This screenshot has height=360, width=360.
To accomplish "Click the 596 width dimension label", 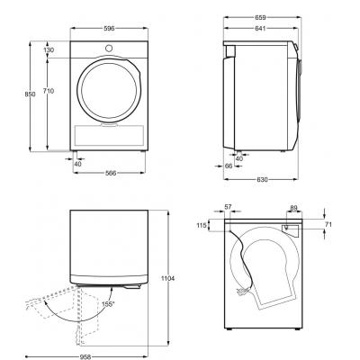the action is tap(109, 29).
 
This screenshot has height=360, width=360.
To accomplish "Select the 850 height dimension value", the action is tap(30, 94).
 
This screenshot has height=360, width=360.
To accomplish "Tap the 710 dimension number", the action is tap(49, 91).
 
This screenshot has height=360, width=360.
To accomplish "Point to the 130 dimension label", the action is tap(49, 50).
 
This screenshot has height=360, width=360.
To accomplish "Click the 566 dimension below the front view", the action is tap(111, 173).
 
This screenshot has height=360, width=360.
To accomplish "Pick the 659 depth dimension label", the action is tap(260, 18).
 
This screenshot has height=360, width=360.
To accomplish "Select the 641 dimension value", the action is tap(260, 29).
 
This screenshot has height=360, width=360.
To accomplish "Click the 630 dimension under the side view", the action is tap(262, 180).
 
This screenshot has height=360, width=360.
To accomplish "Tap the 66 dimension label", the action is tap(229, 166).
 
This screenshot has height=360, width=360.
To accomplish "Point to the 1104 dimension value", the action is tap(167, 278).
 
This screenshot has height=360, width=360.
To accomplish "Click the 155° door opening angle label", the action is tap(108, 304).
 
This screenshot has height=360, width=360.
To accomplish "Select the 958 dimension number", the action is tap(85, 357).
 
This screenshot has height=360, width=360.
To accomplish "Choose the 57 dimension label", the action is tap(228, 207).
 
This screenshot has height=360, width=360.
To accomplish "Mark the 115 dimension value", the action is tap(202, 225).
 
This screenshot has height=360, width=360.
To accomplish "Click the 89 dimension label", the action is tap(293, 207).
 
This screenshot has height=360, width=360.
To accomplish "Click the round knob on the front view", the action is tap(109, 48).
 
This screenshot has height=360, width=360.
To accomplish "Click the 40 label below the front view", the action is tap(77, 164).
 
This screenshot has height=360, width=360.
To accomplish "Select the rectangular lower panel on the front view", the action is tap(109, 136).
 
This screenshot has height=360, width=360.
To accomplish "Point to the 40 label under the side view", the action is tap(239, 159).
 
